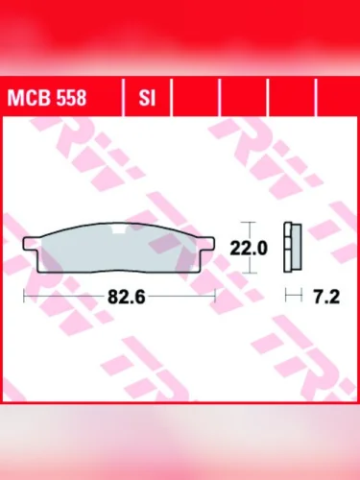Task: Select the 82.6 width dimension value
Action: click(126, 298)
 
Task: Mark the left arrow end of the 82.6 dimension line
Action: click(23, 298)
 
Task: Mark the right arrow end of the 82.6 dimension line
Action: click(216, 298)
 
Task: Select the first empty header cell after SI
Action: click(196, 97)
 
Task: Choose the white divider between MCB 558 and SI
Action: click(124, 97)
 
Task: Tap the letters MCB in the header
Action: click(26, 97)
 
